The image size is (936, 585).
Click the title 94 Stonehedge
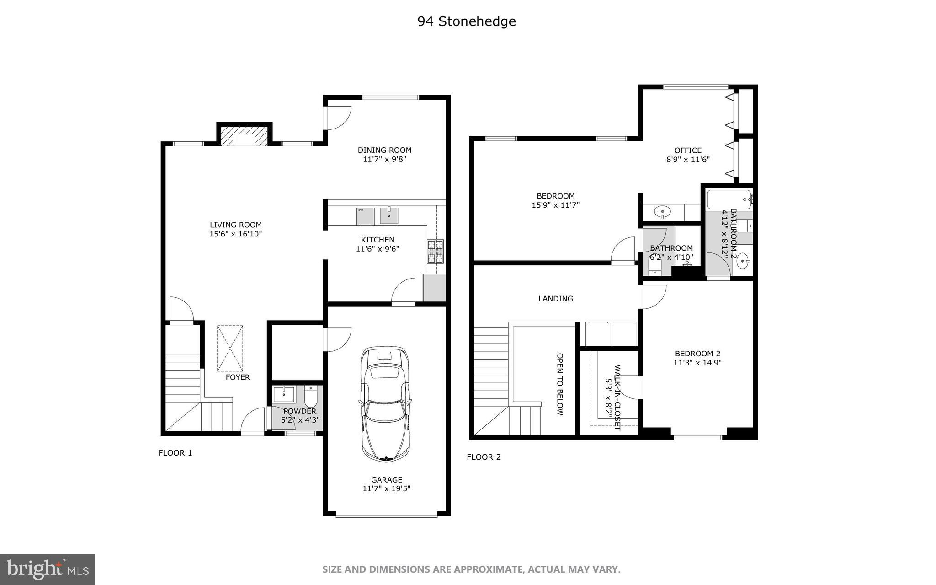click(466, 21)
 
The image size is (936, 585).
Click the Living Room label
click(235, 225)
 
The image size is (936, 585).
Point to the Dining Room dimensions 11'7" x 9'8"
click(384, 160)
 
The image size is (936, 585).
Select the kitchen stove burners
click(435, 251)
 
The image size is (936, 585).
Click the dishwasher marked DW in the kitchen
click(365, 216)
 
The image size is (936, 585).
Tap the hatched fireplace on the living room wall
click(244, 136)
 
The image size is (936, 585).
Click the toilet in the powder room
click(311, 397)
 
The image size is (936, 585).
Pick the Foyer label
click(238, 377)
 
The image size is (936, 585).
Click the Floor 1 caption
click(175, 453)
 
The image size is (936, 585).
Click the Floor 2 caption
click(484, 457)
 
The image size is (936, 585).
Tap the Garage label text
click(387, 479)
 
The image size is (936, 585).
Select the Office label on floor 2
click(688, 150)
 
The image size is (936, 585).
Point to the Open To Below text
click(560, 384)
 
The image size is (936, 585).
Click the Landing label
click(555, 299)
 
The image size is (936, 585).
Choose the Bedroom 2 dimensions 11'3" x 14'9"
click(697, 363)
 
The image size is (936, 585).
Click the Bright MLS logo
click(47, 569)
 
